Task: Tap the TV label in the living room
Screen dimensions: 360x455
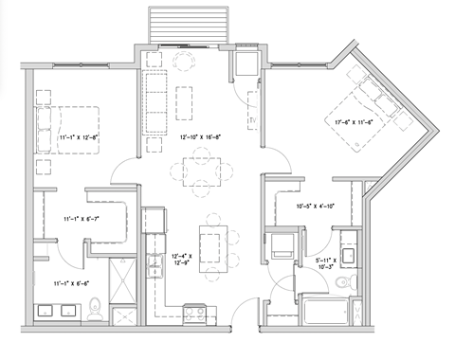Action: [253, 120]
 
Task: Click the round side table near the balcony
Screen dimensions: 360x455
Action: [182, 60]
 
